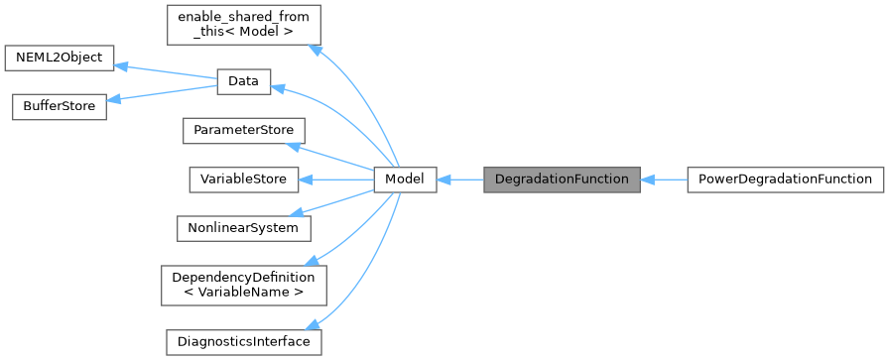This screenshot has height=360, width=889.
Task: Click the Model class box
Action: click(405, 180)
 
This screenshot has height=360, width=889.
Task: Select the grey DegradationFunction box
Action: click(561, 180)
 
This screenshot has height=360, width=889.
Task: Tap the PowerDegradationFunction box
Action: click(784, 180)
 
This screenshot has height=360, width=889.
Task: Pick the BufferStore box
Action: click(59, 106)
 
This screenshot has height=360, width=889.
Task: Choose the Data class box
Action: click(243, 82)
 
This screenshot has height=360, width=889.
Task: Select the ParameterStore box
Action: click(243, 131)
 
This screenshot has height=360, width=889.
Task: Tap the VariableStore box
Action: click(243, 180)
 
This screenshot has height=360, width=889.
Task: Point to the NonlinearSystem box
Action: click(243, 227)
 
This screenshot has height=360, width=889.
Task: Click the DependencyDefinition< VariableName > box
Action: click(243, 284)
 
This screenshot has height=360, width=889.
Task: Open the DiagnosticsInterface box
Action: click(243, 341)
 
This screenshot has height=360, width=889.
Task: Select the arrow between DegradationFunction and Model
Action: click(459, 180)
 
